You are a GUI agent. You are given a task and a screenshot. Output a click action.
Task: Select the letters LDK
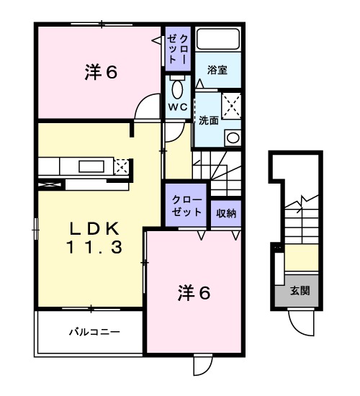tap(94, 229)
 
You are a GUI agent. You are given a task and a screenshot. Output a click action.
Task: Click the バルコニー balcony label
tap(94, 332)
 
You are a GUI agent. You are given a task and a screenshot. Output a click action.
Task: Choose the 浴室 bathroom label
tap(217, 71)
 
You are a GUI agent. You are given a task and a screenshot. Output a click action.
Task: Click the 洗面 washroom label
tap(209, 120)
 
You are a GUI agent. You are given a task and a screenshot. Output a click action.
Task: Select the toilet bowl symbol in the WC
tap(178, 89)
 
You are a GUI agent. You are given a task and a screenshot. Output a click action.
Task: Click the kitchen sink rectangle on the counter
tap(91, 166)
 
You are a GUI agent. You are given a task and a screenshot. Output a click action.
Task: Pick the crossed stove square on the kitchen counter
tap(121, 167)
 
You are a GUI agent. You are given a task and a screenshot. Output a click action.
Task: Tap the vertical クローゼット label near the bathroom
tap(178, 49)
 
